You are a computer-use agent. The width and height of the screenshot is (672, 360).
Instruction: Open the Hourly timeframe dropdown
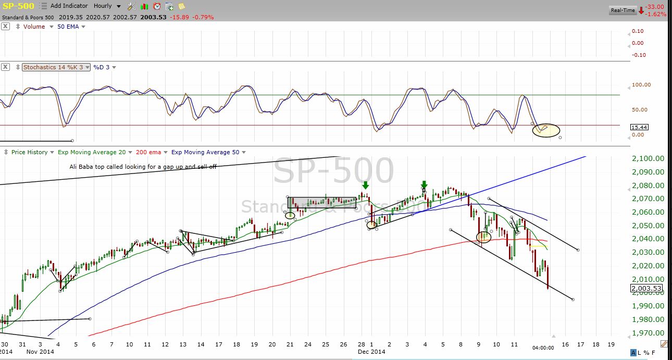107,6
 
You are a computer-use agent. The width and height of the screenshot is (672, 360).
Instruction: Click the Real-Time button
623,10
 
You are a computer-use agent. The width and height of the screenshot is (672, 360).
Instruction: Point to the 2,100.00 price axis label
648,158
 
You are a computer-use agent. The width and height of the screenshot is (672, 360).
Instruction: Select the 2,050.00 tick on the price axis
648,226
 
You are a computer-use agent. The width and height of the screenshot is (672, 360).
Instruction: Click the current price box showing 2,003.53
646,288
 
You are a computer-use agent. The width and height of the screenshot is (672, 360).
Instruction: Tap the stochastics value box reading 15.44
639,127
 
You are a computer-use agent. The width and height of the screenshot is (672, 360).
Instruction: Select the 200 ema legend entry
148,152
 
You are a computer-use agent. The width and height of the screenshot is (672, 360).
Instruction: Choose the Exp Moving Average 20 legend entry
92,152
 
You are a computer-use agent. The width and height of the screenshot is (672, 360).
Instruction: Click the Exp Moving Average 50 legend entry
205,152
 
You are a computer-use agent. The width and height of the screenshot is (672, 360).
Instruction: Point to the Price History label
29,152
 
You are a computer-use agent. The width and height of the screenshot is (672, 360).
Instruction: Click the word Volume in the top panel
34,27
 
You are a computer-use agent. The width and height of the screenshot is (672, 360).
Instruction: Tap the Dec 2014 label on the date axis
371,352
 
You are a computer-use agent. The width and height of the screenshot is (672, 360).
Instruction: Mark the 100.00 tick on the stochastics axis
641,85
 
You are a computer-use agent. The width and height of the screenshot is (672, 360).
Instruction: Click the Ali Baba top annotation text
143,167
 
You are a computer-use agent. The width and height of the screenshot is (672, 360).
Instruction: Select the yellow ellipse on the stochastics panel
546,130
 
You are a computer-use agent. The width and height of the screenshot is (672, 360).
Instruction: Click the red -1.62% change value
655,14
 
